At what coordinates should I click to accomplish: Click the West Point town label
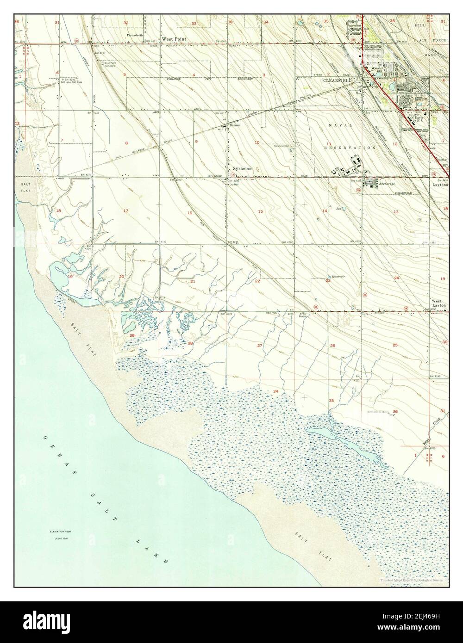click(x=174, y=39)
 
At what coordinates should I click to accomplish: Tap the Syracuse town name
click(x=243, y=169)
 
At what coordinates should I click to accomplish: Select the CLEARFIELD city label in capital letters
click(x=338, y=80)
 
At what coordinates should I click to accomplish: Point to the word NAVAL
click(x=341, y=125)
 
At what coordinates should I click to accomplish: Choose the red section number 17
click(x=125, y=211)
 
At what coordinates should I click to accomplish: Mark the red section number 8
click(x=126, y=143)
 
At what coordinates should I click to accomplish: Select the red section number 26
click(x=332, y=346)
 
